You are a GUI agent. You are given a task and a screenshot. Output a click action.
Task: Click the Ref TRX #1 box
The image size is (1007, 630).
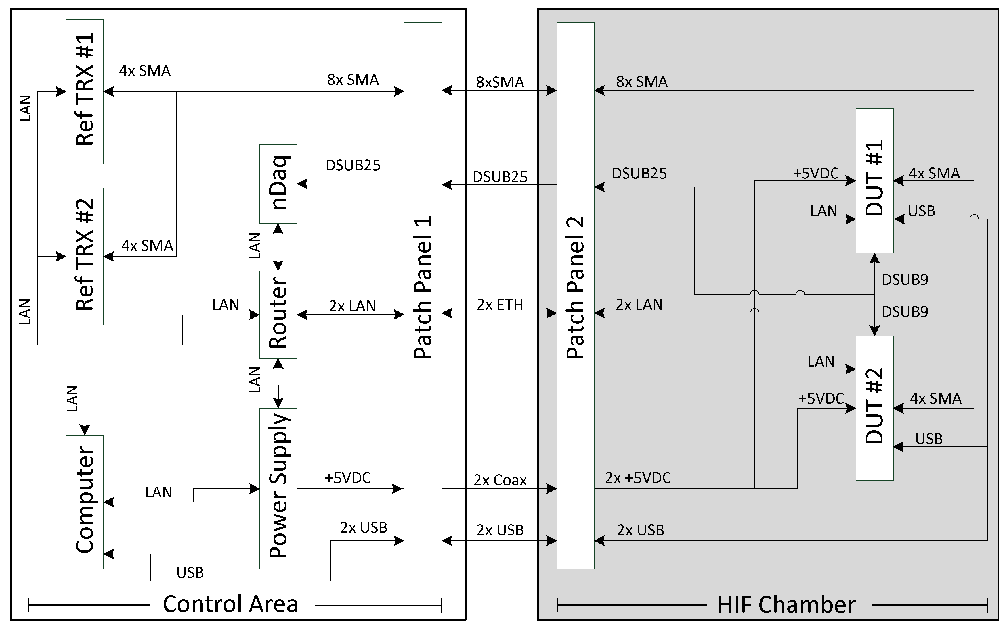pyautogui.click(x=85, y=91)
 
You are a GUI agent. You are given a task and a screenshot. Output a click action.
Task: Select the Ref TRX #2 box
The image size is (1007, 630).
pyautogui.click(x=85, y=256)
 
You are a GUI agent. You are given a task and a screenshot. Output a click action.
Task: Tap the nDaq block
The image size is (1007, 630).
pyautogui.click(x=278, y=184)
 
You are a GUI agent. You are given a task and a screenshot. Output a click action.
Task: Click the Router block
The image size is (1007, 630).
pyautogui.click(x=278, y=315)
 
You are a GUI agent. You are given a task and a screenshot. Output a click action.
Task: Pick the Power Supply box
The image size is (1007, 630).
pyautogui.click(x=278, y=488)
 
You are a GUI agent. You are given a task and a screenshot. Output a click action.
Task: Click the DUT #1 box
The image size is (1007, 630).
pyautogui.click(x=874, y=180)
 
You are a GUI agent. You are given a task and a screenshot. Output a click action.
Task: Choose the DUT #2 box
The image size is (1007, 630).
pyautogui.click(x=874, y=408)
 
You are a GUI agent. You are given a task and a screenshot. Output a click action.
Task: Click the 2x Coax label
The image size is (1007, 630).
pyautogui.click(x=500, y=480)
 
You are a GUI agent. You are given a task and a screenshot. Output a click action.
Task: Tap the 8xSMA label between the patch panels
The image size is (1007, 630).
pyautogui.click(x=500, y=82)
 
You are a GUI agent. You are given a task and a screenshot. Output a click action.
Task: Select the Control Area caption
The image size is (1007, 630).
pyautogui.click(x=230, y=604)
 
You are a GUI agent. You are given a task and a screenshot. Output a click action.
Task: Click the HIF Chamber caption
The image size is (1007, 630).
pyautogui.click(x=786, y=605)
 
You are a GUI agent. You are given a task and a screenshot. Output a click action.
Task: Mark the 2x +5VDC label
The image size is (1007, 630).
pyautogui.click(x=638, y=478)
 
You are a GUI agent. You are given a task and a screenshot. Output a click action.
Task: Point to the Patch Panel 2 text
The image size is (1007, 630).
pyautogui.click(x=575, y=288)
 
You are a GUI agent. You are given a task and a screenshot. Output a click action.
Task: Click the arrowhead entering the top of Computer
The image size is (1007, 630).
pyautogui.click(x=85, y=430)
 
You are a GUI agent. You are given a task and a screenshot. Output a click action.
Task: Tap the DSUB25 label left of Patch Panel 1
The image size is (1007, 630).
pyautogui.click(x=353, y=166)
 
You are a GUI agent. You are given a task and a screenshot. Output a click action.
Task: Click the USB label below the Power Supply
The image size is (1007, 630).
pyautogui.click(x=190, y=573)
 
